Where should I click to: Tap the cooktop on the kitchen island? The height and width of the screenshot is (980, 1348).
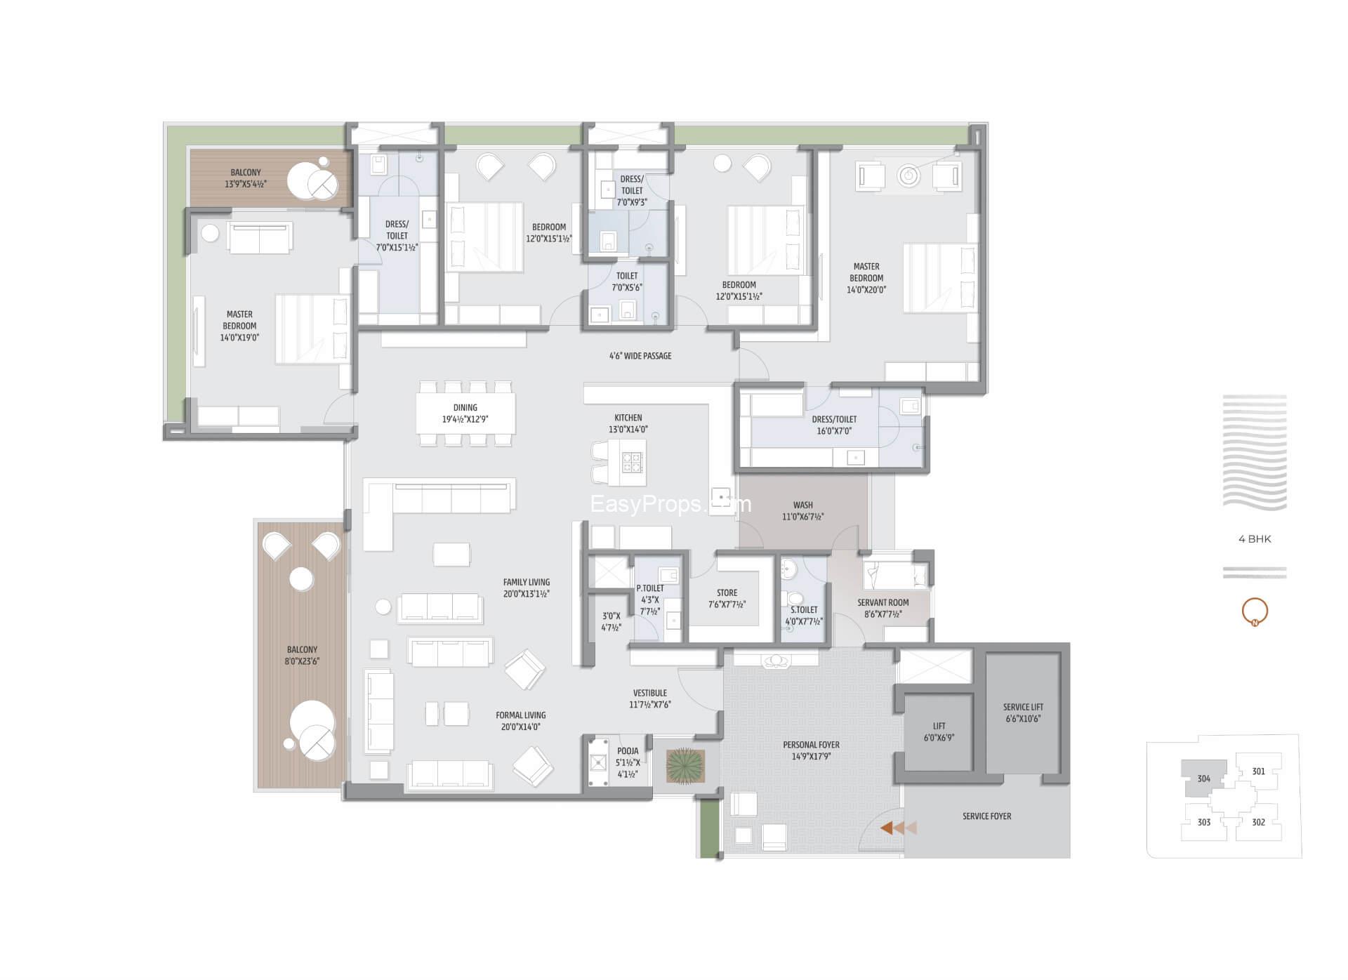(x=632, y=463)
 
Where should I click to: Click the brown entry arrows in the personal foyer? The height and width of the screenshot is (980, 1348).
(x=899, y=828)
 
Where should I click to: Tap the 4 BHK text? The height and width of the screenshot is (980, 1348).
(x=1255, y=539)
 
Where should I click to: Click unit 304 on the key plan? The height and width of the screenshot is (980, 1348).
(x=1204, y=779)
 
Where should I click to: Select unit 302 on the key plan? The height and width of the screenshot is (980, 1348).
(x=1258, y=822)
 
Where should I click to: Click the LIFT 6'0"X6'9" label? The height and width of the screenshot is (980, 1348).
(x=939, y=731)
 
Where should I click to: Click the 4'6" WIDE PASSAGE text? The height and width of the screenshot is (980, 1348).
(x=640, y=356)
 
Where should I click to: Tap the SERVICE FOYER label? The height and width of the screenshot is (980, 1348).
(x=986, y=816)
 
